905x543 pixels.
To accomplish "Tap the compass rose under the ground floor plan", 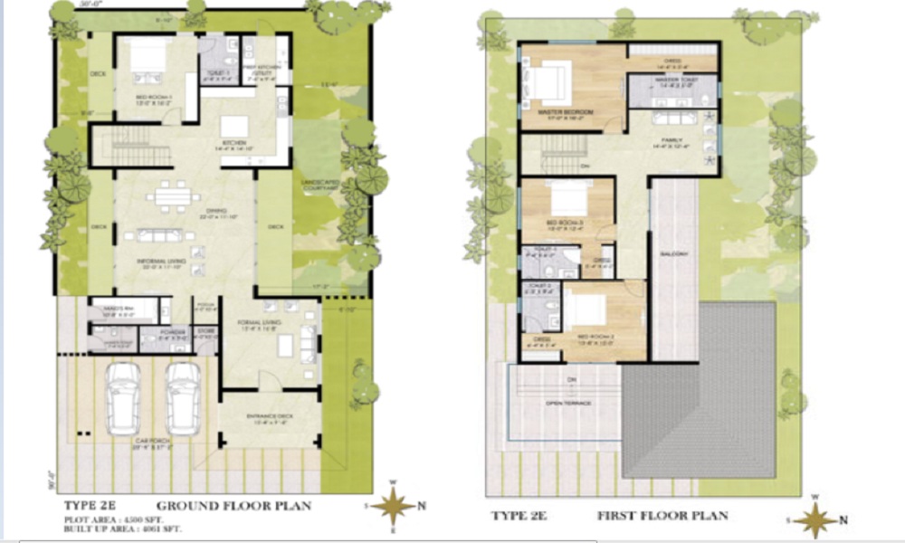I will (395, 505).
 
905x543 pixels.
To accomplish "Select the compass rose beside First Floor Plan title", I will (818, 519).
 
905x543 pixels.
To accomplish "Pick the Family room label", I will (672, 141).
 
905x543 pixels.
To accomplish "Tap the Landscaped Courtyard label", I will (321, 186).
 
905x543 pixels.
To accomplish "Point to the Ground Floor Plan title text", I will (233, 505).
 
